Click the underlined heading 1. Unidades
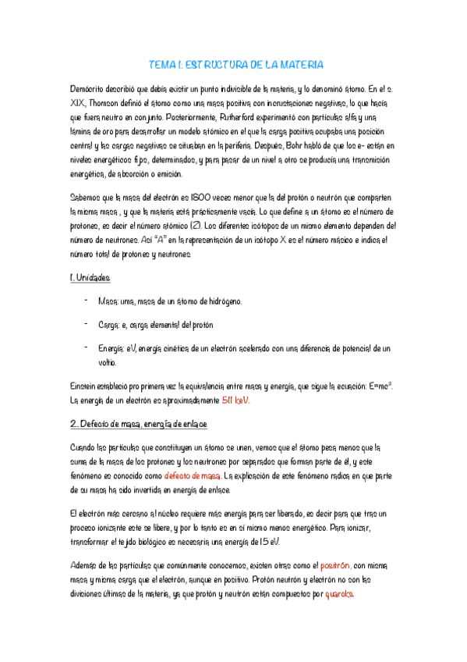click(x=90, y=277)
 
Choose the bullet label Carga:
click(x=110, y=324)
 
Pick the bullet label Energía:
click(x=114, y=347)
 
